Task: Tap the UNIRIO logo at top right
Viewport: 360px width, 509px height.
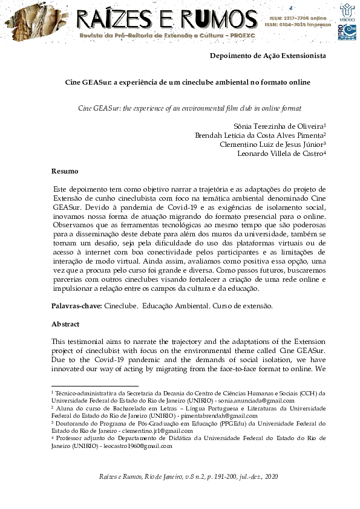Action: [x=347, y=11]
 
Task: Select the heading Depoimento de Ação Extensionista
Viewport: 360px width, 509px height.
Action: [x=267, y=56]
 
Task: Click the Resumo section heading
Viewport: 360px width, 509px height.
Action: [x=64, y=171]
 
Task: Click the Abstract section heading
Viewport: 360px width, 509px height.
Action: [x=65, y=324]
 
